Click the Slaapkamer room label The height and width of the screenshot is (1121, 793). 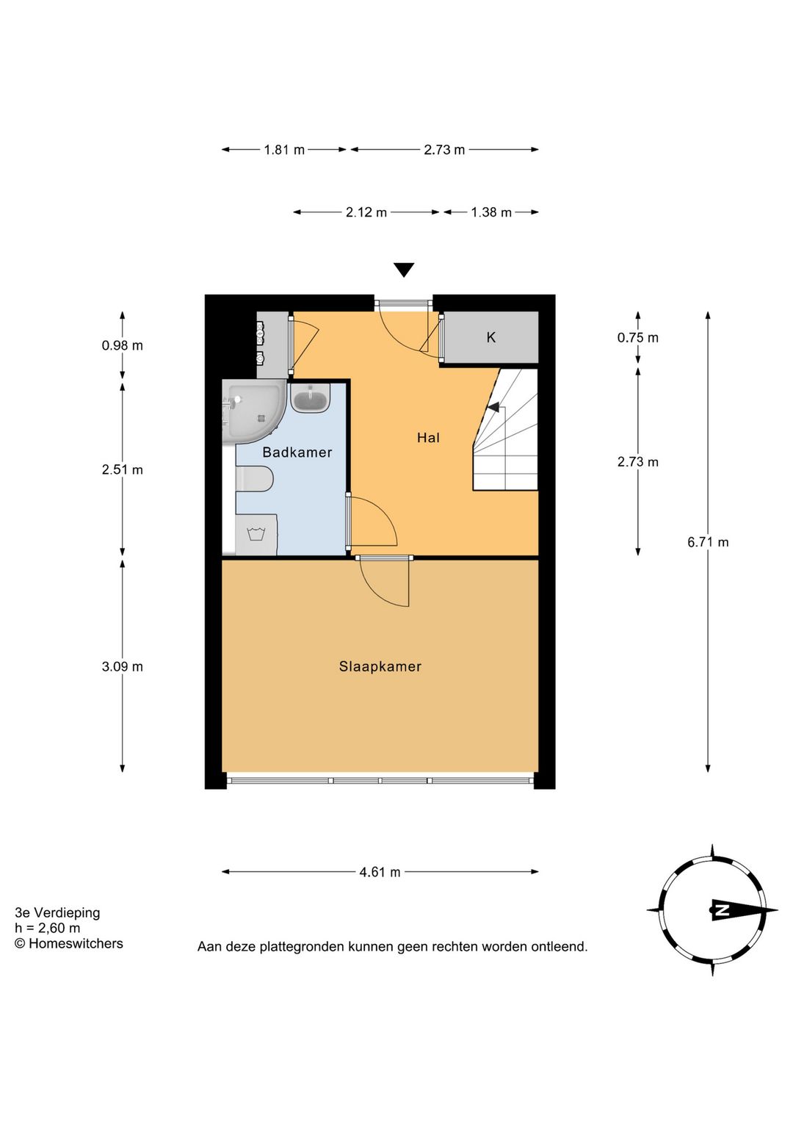coord(380,666)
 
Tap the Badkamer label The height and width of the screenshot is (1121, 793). coord(297,453)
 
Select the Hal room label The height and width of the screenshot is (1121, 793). coord(428,438)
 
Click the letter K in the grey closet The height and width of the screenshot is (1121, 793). coord(490,337)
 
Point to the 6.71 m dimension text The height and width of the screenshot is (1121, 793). coord(708,542)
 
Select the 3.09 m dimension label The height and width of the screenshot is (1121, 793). coord(122,666)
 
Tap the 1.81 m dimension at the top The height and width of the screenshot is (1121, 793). coord(284,150)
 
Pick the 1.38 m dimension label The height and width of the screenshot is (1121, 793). coord(490,212)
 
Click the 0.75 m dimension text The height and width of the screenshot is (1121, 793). coord(637,338)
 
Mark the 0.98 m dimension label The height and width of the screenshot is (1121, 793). coord(122,345)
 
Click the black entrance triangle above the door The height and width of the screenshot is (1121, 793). coord(404,270)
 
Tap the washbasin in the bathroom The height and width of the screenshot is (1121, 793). coord(310,398)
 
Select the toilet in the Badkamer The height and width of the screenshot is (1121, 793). coord(255,479)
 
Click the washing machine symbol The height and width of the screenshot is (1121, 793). coord(256,535)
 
